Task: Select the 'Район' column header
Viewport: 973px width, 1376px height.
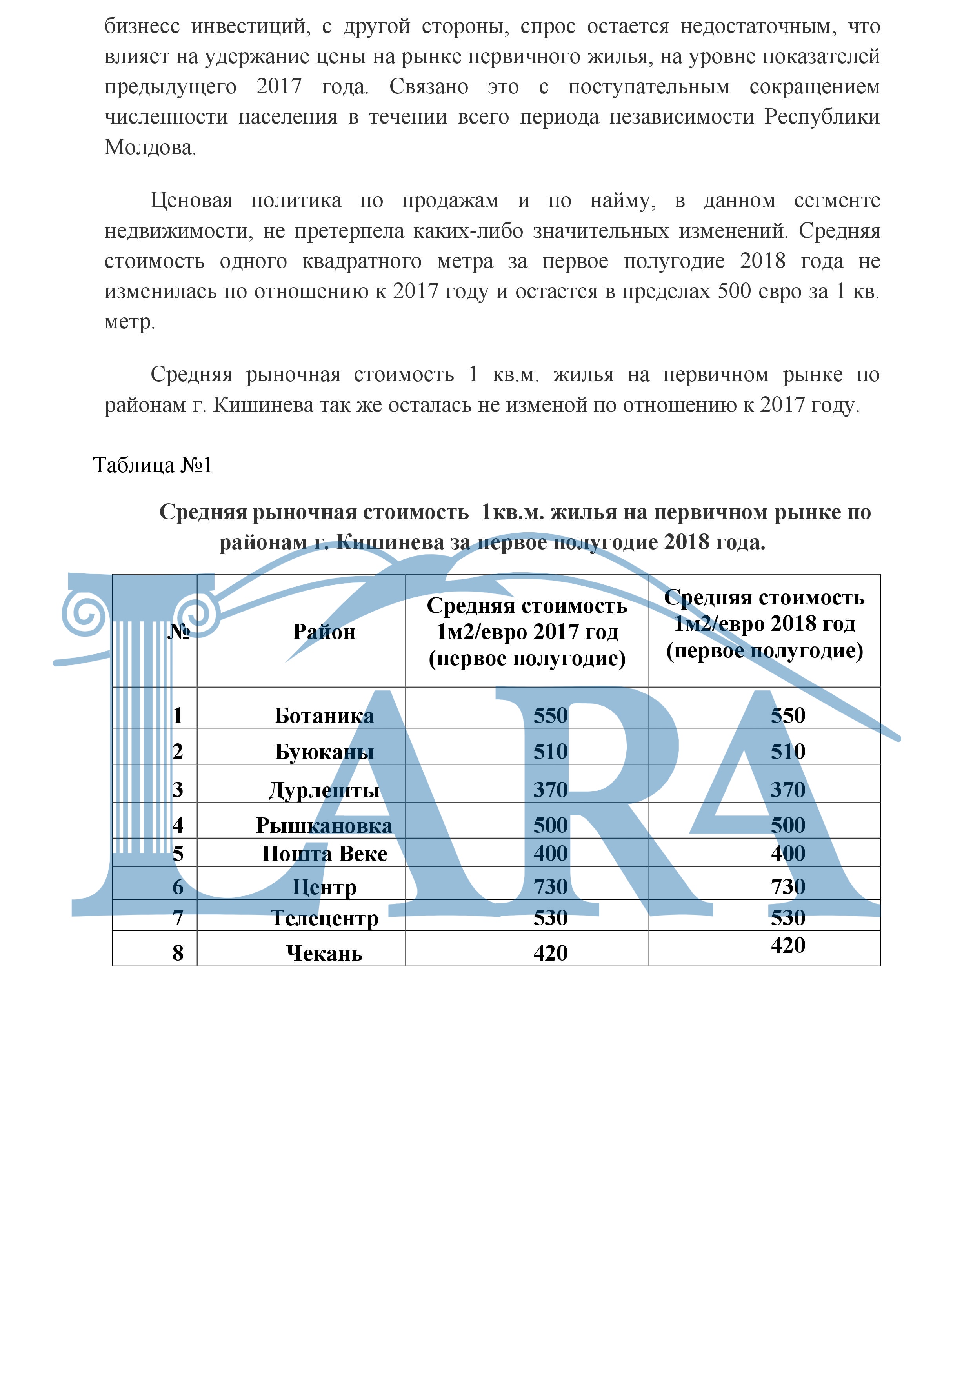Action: (x=324, y=632)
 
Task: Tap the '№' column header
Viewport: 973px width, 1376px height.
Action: (x=178, y=632)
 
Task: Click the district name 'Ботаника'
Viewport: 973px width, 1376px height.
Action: (x=324, y=715)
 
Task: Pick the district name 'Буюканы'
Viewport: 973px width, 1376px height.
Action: (x=324, y=752)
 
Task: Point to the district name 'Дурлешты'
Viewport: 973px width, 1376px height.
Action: (x=324, y=790)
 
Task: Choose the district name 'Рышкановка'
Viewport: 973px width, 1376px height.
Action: (x=324, y=825)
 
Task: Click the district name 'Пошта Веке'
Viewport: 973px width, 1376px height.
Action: (x=324, y=854)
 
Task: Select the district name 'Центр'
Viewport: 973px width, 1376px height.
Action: (x=324, y=887)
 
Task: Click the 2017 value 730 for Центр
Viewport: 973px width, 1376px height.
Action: (x=550, y=887)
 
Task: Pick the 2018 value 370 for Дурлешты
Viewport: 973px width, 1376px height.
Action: (x=787, y=790)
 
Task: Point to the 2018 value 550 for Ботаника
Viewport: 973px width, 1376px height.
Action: (x=787, y=715)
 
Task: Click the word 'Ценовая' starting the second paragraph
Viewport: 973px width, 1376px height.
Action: (x=191, y=201)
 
